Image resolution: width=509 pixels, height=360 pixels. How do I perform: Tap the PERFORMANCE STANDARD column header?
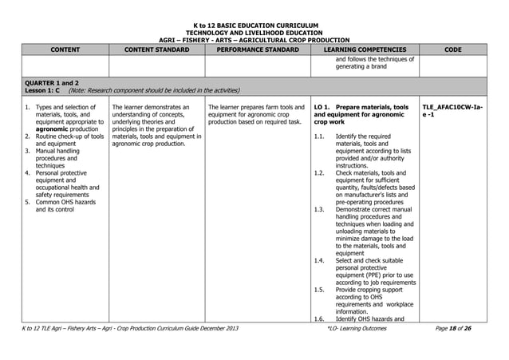click(254, 49)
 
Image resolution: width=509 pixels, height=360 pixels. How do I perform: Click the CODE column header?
click(453, 49)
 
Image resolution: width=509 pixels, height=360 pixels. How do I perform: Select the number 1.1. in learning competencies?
click(320, 136)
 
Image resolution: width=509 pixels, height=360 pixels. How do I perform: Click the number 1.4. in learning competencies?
click(320, 260)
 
